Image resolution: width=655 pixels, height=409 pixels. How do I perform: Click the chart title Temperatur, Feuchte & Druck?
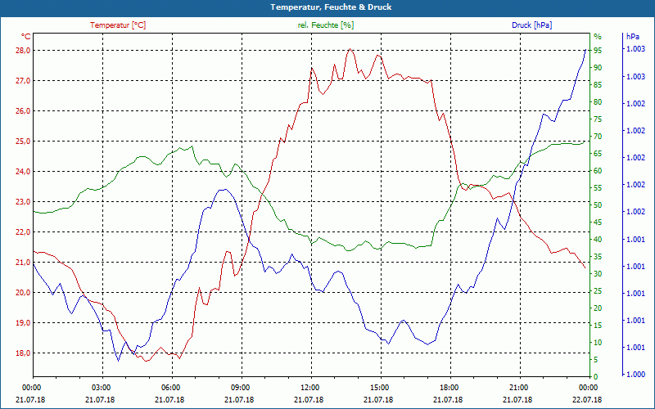point(327,7)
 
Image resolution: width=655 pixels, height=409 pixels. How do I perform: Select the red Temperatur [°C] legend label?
point(118,25)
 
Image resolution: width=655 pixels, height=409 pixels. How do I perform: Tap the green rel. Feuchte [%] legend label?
point(326,25)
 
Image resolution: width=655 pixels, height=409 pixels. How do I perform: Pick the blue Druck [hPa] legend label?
point(531,25)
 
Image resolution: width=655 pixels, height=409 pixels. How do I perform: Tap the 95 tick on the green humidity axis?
point(598,50)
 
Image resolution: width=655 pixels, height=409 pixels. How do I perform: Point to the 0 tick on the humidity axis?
point(595,377)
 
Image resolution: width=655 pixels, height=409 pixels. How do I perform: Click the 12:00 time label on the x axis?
point(310,387)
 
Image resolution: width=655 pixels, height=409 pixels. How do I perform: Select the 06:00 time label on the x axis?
point(171,387)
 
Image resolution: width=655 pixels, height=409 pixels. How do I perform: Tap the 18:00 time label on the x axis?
point(449,387)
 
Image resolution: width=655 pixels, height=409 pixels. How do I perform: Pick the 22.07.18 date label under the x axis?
point(588,398)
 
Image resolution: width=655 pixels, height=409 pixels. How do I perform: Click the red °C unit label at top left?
point(26,36)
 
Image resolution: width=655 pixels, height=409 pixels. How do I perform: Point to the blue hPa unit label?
point(633,37)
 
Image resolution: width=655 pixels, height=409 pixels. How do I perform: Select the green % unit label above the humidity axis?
point(597,37)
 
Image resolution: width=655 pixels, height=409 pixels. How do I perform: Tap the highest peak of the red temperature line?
point(350,49)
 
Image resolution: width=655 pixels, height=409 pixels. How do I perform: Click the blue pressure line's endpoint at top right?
point(585,51)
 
